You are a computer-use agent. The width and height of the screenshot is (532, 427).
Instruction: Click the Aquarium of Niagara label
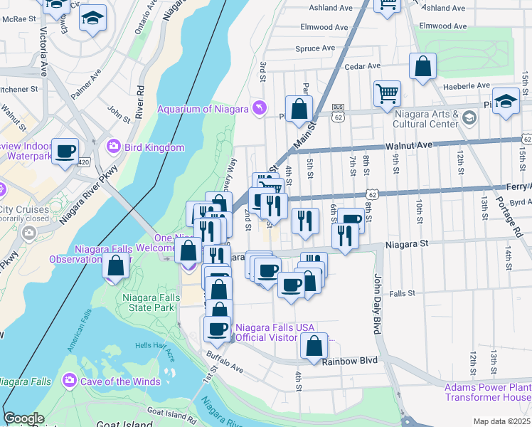pyautogui.click(x=202, y=108)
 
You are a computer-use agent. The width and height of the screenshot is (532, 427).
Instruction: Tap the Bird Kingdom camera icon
pyautogui.click(x=113, y=147)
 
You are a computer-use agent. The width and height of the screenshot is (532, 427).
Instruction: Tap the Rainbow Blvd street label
pyautogui.click(x=349, y=361)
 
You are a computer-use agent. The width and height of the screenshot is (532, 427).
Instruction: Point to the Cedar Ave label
pyautogui.click(x=363, y=66)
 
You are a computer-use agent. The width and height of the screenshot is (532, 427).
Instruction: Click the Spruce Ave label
pyautogui.click(x=315, y=48)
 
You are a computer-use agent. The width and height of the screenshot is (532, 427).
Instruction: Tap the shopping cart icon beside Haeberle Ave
pyautogui.click(x=387, y=93)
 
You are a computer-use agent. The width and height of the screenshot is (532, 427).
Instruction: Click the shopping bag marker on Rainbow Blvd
pyautogui.click(x=314, y=346)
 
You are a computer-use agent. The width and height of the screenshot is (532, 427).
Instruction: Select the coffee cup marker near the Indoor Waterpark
pyautogui.click(x=65, y=150)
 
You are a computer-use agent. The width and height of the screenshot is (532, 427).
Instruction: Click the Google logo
pyautogui.click(x=23, y=418)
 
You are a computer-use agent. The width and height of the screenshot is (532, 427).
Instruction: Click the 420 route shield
pyautogui.click(x=85, y=162)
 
